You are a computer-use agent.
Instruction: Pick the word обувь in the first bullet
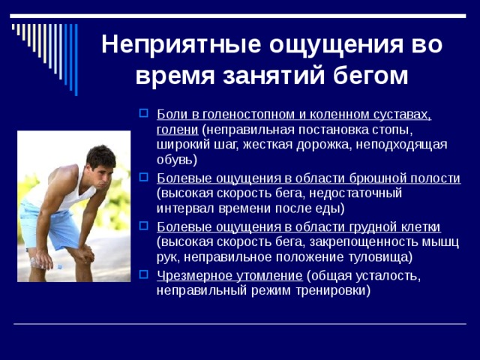175,160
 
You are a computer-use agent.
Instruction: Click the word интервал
184,208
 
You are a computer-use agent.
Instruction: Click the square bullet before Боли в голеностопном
144,115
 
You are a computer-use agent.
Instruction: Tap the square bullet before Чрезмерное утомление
144,275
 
